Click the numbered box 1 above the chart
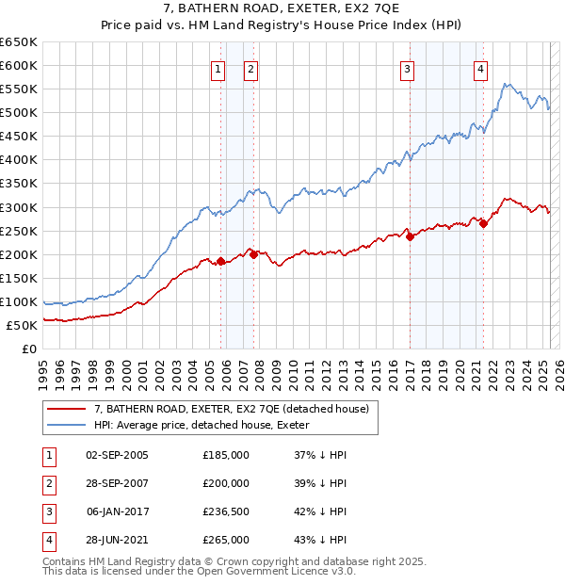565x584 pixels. [x=218, y=68]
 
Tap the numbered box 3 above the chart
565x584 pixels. [x=408, y=68]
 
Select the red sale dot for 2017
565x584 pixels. [x=411, y=237]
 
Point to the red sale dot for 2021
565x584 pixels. [x=484, y=223]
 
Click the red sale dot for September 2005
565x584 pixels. [x=221, y=261]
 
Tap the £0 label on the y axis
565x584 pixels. [x=30, y=349]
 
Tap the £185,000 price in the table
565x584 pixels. [x=226, y=455]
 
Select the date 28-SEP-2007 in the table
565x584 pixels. [x=117, y=483]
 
